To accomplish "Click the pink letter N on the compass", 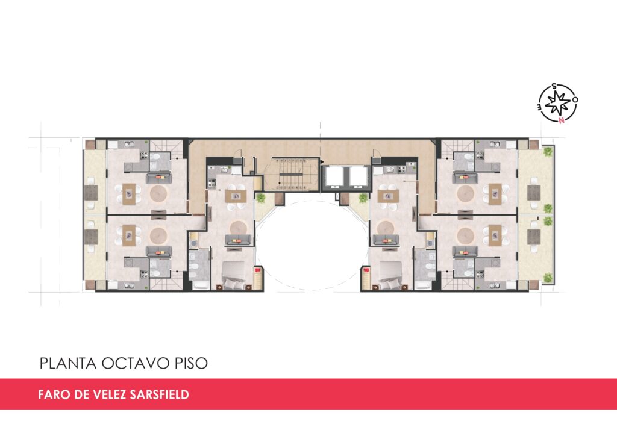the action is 562,120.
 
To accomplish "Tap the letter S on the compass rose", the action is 554,86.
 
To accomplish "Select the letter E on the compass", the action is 540,107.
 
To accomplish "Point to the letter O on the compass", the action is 575,99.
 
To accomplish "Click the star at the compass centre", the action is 558,102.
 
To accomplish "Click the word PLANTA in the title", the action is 68,363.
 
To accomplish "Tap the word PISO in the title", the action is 191,363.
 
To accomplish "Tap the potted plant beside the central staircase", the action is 260,198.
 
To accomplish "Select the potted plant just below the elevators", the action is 363,198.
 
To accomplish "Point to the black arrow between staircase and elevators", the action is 321,161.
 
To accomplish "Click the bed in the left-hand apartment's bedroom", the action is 235,275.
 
